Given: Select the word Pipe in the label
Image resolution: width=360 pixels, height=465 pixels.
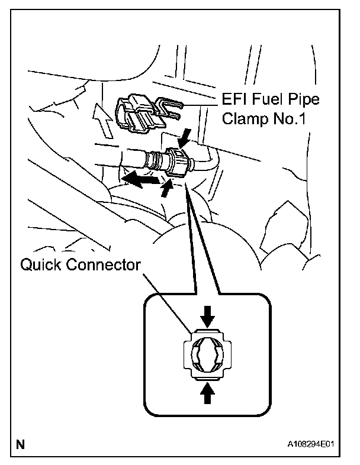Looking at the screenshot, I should [x=304, y=99].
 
